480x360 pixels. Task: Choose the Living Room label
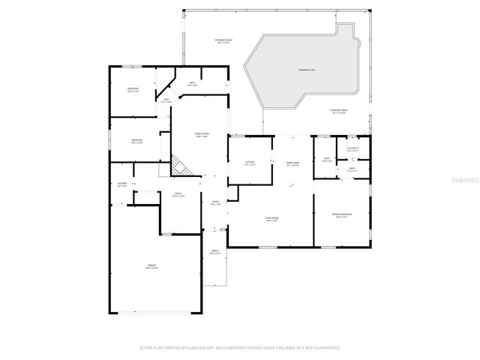coord(271,219)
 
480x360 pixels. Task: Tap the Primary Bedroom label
coord(343,216)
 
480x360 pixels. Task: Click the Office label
coord(178,195)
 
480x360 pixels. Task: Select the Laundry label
coord(122,184)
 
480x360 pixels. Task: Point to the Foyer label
coord(215,203)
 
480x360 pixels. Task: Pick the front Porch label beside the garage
coord(214,253)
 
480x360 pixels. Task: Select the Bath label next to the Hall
coord(193,84)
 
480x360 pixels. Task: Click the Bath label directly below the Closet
coord(352,169)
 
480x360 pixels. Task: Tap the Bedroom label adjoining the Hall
coord(133,91)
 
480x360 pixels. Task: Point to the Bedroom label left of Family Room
coord(137,142)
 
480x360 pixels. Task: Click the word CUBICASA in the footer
coord(218,348)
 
